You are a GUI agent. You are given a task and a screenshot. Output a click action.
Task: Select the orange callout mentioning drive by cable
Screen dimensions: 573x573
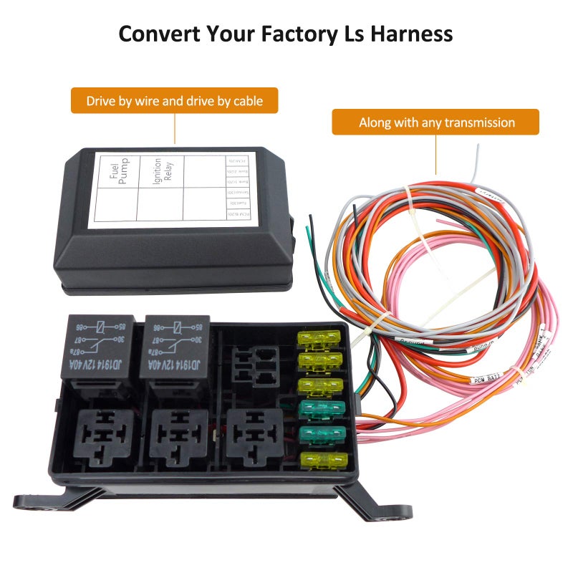pyautogui.click(x=174, y=101)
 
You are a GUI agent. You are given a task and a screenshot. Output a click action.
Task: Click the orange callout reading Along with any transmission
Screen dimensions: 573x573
pyautogui.click(x=435, y=122)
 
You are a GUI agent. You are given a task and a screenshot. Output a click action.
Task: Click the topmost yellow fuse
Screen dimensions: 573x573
pyautogui.click(x=319, y=337)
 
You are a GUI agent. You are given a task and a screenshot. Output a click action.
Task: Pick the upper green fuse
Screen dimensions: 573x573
pyautogui.click(x=319, y=409)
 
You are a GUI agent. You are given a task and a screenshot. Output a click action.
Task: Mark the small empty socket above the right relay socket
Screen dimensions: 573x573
pyautogui.click(x=257, y=365)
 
